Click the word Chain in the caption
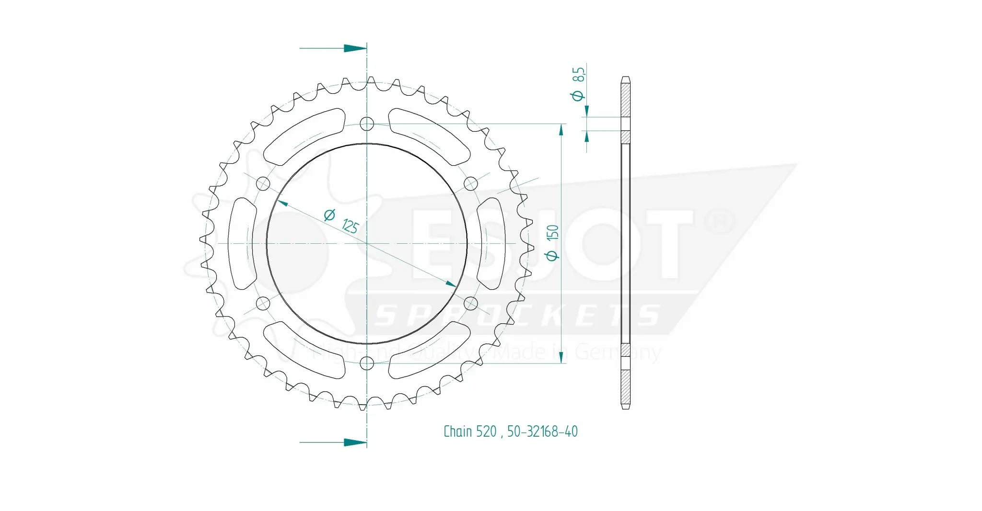(458, 432)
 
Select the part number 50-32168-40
(542, 432)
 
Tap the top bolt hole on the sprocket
(367, 124)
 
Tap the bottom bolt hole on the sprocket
(367, 363)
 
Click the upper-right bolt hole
(471, 183)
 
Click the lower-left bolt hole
(263, 303)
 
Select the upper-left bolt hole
(263, 183)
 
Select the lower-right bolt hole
(471, 303)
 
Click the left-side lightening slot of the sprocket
(242, 243)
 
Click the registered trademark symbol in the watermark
(719, 223)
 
